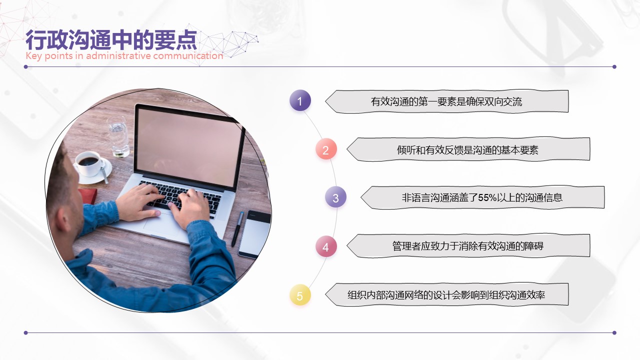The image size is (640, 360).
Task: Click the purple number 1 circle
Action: (x=300, y=100)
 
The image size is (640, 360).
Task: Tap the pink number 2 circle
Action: (x=326, y=149)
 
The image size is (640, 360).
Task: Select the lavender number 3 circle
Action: (x=335, y=197)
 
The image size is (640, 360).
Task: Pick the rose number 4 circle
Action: (x=326, y=246)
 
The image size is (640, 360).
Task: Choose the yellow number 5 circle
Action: (x=300, y=295)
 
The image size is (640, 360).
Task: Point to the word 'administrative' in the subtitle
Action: (x=118, y=55)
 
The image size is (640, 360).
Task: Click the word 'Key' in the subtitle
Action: (x=33, y=56)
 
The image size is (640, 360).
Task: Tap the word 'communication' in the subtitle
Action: (x=188, y=55)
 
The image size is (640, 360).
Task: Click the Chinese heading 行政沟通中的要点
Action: (x=111, y=40)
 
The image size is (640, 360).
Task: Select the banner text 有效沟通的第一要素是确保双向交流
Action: (x=446, y=101)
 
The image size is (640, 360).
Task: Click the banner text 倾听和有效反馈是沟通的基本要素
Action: (x=467, y=150)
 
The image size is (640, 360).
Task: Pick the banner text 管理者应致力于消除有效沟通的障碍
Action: (x=467, y=246)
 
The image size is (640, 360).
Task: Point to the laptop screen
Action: (x=189, y=145)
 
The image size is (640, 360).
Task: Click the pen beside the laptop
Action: (x=237, y=229)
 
